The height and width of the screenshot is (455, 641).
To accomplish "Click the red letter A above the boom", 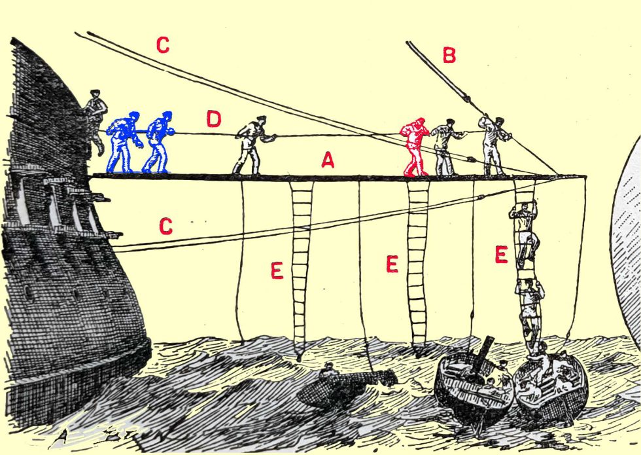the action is coord(328,160).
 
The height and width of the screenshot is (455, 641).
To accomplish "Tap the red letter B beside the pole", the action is coord(449,55).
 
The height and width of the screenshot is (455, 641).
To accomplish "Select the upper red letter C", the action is coord(163,45).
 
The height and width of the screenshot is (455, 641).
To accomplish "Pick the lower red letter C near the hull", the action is coord(165,226).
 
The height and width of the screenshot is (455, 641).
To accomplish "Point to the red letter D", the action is coord(213,118).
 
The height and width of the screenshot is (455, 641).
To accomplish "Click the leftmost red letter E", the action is coord(277,270).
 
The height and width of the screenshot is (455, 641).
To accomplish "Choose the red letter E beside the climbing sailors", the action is coord(501,255).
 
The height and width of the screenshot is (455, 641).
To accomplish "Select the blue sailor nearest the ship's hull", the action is coord(123,142).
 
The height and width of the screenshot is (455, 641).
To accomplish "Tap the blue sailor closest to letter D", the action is coord(158,142).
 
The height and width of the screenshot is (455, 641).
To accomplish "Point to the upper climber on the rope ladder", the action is coord(525,233).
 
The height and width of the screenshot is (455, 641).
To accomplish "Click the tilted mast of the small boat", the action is coord(482,355).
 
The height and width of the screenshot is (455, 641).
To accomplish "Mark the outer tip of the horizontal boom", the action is coord(585,176).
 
